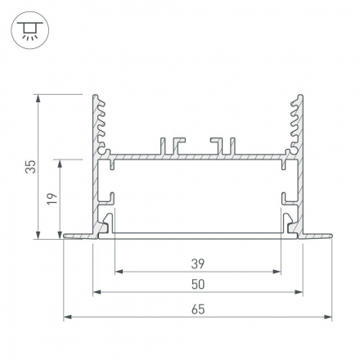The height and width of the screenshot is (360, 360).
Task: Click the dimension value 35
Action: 30,167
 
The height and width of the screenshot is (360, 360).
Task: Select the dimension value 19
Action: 51,199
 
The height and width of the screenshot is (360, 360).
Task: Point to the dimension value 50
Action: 196,284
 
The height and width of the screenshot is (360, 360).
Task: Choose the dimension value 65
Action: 196,308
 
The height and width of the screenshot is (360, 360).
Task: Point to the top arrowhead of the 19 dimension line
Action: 60,163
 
